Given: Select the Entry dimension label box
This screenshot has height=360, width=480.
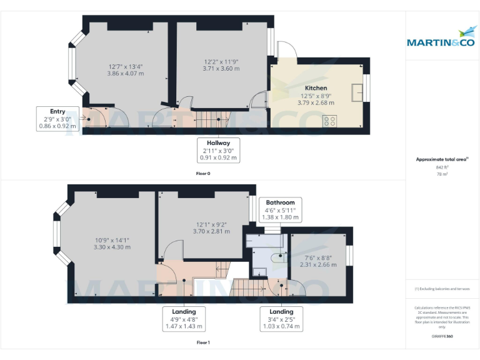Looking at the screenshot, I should pyautogui.click(x=57, y=119).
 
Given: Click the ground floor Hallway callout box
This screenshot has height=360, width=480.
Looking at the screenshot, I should pyautogui.click(x=219, y=150).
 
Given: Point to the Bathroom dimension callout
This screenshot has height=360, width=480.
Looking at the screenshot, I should pyautogui.click(x=280, y=210).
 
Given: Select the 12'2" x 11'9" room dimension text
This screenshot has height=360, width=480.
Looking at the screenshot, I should pyautogui.click(x=221, y=65).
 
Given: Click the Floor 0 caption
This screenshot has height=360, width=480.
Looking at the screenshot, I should pyautogui.click(x=202, y=172).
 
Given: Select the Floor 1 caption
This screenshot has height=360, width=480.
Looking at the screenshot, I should pyautogui.click(x=202, y=342).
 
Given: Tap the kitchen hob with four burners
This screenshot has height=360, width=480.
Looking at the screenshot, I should pyautogui.click(x=329, y=121).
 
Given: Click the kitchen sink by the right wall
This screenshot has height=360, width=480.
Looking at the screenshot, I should pyautogui.click(x=357, y=91).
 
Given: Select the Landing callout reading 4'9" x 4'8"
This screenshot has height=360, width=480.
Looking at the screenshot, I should pyautogui.click(x=184, y=319).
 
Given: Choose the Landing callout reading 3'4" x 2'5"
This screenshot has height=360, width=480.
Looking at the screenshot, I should pyautogui.click(x=281, y=319).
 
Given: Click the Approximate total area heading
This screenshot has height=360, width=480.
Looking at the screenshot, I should pyautogui.click(x=441, y=159).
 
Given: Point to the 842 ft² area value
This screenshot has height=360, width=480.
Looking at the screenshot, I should pyautogui.click(x=441, y=167).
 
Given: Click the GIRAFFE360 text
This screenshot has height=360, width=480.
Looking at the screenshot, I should pyautogui.click(x=441, y=336).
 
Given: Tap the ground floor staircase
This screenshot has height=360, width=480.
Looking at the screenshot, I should pyautogui.click(x=209, y=118).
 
